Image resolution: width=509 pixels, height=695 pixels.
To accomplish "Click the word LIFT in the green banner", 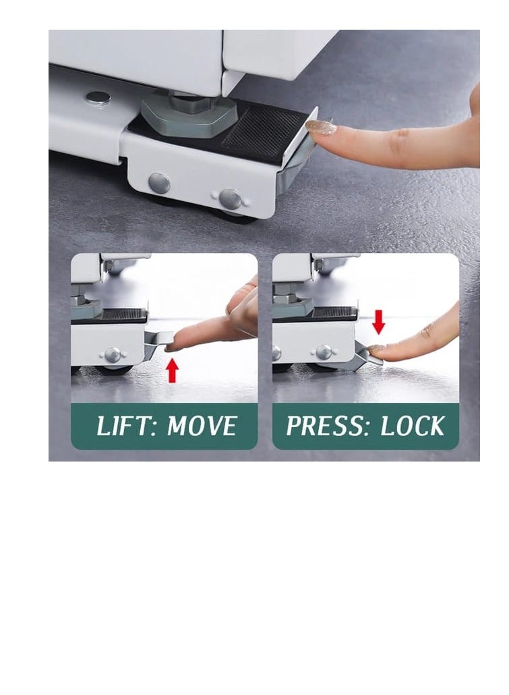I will point(123,426).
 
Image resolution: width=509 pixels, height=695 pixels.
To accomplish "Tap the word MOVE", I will point(202,426).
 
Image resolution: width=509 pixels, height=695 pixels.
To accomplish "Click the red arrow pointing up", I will point(173,370).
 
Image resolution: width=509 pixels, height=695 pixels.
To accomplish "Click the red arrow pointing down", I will point(379,322).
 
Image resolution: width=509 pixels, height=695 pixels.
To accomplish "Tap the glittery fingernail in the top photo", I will point(321,127).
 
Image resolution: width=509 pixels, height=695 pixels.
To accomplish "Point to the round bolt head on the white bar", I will point(98,98).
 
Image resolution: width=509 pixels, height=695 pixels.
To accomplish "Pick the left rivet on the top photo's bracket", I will point(159,182).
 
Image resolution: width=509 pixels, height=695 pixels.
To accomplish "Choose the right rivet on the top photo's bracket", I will point(230,198).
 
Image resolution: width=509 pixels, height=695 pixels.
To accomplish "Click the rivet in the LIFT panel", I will point(113,354).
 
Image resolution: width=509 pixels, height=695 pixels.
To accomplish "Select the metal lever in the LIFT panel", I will point(156,341).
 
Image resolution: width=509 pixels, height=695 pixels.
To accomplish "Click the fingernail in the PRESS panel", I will point(376,348).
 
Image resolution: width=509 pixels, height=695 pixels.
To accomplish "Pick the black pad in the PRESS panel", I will point(333,314).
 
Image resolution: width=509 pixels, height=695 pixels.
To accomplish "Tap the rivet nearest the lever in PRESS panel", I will point(324,352).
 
